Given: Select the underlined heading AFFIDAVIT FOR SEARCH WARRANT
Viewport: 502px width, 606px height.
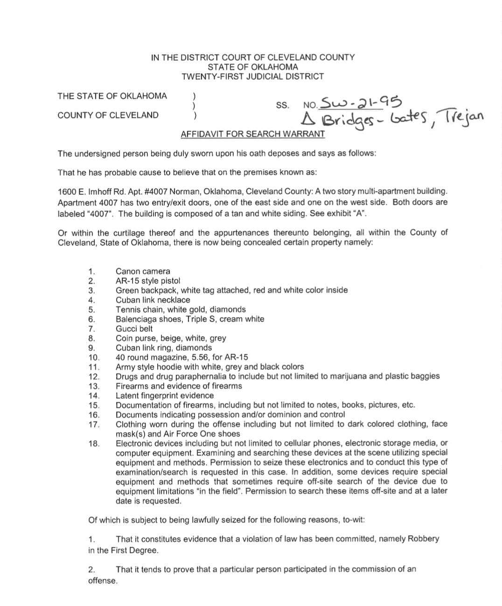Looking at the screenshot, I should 252,134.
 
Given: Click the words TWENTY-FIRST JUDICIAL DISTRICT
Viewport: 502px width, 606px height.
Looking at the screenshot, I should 252,76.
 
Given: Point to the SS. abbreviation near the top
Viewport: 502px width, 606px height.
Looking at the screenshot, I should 282,106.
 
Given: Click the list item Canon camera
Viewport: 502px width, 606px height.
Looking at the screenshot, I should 143,271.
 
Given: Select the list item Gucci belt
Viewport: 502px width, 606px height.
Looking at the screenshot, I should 134,329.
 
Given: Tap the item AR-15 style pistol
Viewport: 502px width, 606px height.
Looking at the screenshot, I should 147,281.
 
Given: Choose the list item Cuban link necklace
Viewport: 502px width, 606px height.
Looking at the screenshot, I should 153,300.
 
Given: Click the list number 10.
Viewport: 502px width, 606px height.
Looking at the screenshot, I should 94,358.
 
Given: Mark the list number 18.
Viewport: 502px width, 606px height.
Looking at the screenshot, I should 94,443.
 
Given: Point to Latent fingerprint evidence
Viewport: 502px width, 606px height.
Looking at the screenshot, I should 165,396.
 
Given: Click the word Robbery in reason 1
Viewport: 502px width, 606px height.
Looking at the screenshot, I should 423,539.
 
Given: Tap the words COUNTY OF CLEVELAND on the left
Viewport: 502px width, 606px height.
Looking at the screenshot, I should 108,115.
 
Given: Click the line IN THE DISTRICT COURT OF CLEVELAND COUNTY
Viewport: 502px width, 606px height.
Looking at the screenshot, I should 252,57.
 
